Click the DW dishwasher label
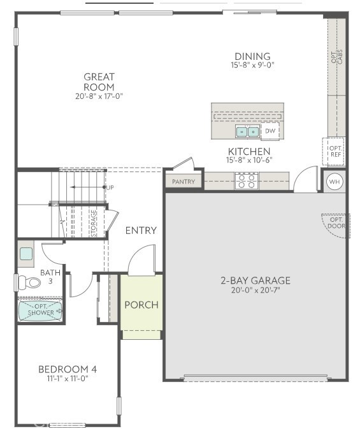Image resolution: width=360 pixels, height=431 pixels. coord(270,131)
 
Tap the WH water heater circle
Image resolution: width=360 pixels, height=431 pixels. coord(334,182)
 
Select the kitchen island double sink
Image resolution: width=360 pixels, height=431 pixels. coord(247,132)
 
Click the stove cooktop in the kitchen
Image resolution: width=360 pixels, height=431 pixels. coord(247,181)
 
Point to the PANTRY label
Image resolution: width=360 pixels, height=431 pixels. coord(184,182)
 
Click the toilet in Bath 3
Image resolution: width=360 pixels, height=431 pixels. coord(27,281)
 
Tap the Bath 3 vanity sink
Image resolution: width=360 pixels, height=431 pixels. coord(26,254)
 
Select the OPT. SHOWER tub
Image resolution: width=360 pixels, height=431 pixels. coord(40,311)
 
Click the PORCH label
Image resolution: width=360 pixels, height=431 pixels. coord(141,305)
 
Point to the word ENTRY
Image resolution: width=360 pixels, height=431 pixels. coord(141,230)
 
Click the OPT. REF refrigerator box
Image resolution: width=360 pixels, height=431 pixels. coord(334,150)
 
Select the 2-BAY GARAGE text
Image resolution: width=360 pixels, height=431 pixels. coord(256,280)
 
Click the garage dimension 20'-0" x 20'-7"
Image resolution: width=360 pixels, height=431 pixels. coord(256,290)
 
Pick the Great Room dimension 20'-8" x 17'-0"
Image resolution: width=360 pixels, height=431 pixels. coord(99,96)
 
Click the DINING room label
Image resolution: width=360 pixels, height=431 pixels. coord(252,56)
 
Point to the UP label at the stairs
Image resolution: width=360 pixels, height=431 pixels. coord(110,187)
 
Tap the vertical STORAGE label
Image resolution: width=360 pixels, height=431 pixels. coord(94,223)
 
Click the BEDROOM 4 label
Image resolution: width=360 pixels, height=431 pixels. coord(68,369)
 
